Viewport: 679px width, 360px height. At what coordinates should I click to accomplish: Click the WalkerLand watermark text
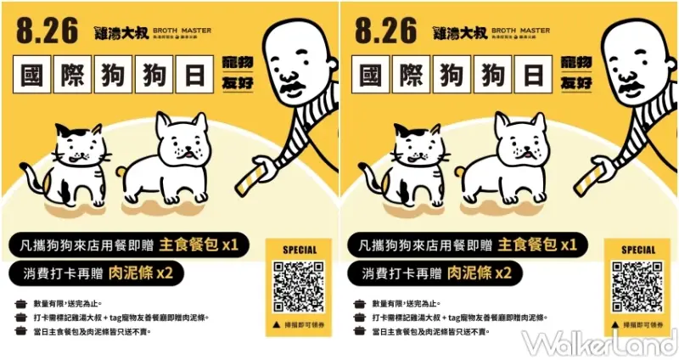[x=599, y=343]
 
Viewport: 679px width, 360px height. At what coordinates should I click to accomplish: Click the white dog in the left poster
[x=175, y=157]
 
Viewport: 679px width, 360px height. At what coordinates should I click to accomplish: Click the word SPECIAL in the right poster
[x=637, y=250]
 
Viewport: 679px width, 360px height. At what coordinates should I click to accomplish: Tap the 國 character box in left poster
[x=36, y=76]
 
